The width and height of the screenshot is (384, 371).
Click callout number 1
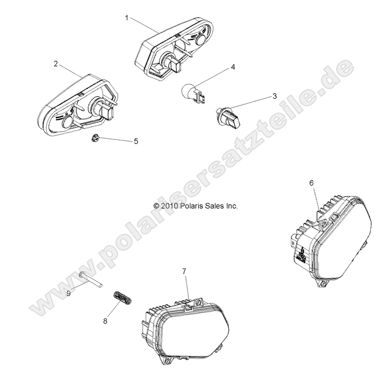[127, 18]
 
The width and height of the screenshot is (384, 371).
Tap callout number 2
[55, 64]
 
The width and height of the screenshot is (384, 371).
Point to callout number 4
[233, 67]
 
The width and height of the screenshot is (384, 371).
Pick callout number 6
[311, 183]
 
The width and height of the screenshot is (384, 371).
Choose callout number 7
[184, 272]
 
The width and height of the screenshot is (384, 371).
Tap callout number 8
[105, 321]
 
